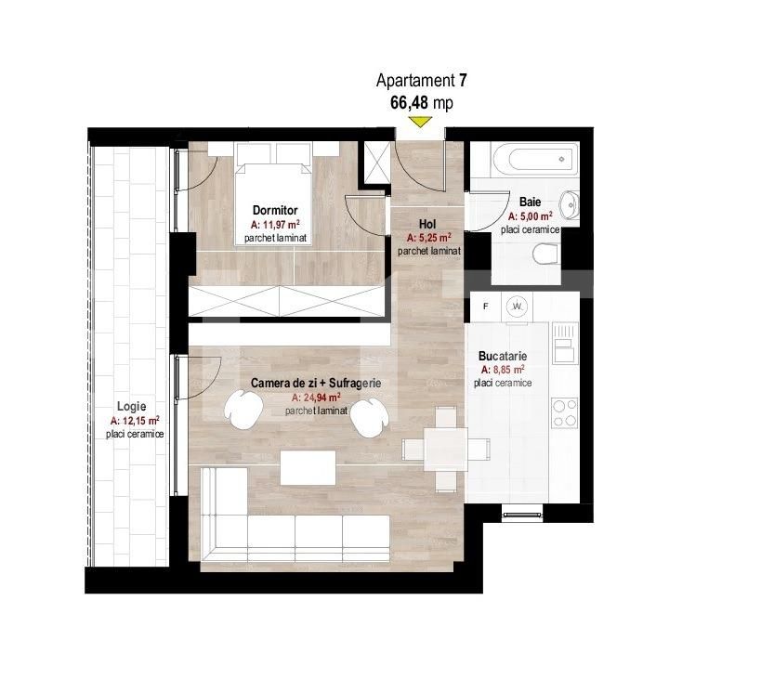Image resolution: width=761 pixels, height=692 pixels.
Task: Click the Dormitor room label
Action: pos(274,211)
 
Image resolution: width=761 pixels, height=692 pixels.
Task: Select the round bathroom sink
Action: pos(571,202)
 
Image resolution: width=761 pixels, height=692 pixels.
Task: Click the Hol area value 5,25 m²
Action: pos(429,238)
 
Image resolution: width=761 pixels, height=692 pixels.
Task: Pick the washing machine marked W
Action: pos(518,306)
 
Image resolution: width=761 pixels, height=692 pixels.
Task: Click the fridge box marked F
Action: pos(484,305)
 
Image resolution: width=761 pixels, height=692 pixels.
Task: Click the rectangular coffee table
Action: pos(308,467)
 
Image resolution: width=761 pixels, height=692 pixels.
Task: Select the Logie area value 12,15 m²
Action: pos(135,421)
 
